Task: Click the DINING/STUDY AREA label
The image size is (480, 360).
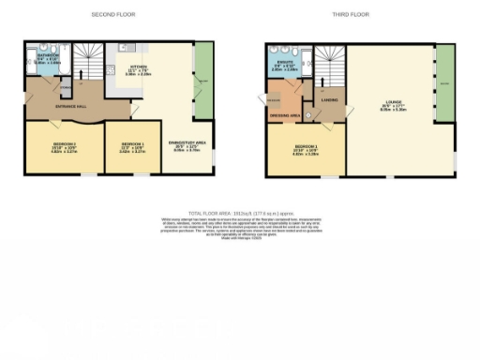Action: [188, 145]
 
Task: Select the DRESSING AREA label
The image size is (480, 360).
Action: [284, 114]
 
